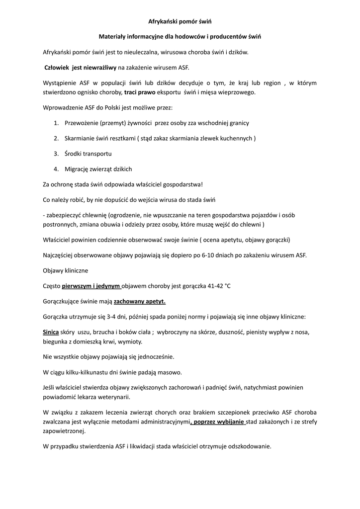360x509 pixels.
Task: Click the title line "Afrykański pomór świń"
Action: pos(180,21)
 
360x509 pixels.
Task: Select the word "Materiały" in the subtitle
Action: pos(113,37)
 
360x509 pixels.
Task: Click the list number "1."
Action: pos(56,123)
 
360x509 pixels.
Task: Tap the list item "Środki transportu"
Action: pos(88,154)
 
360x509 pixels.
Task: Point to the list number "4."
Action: pos(56,169)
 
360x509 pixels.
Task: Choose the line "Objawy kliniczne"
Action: pos(66,271)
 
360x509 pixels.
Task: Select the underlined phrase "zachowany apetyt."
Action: pos(140,301)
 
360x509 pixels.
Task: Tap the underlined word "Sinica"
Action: pos(51,332)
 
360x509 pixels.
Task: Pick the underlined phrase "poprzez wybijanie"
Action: pos(219,422)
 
